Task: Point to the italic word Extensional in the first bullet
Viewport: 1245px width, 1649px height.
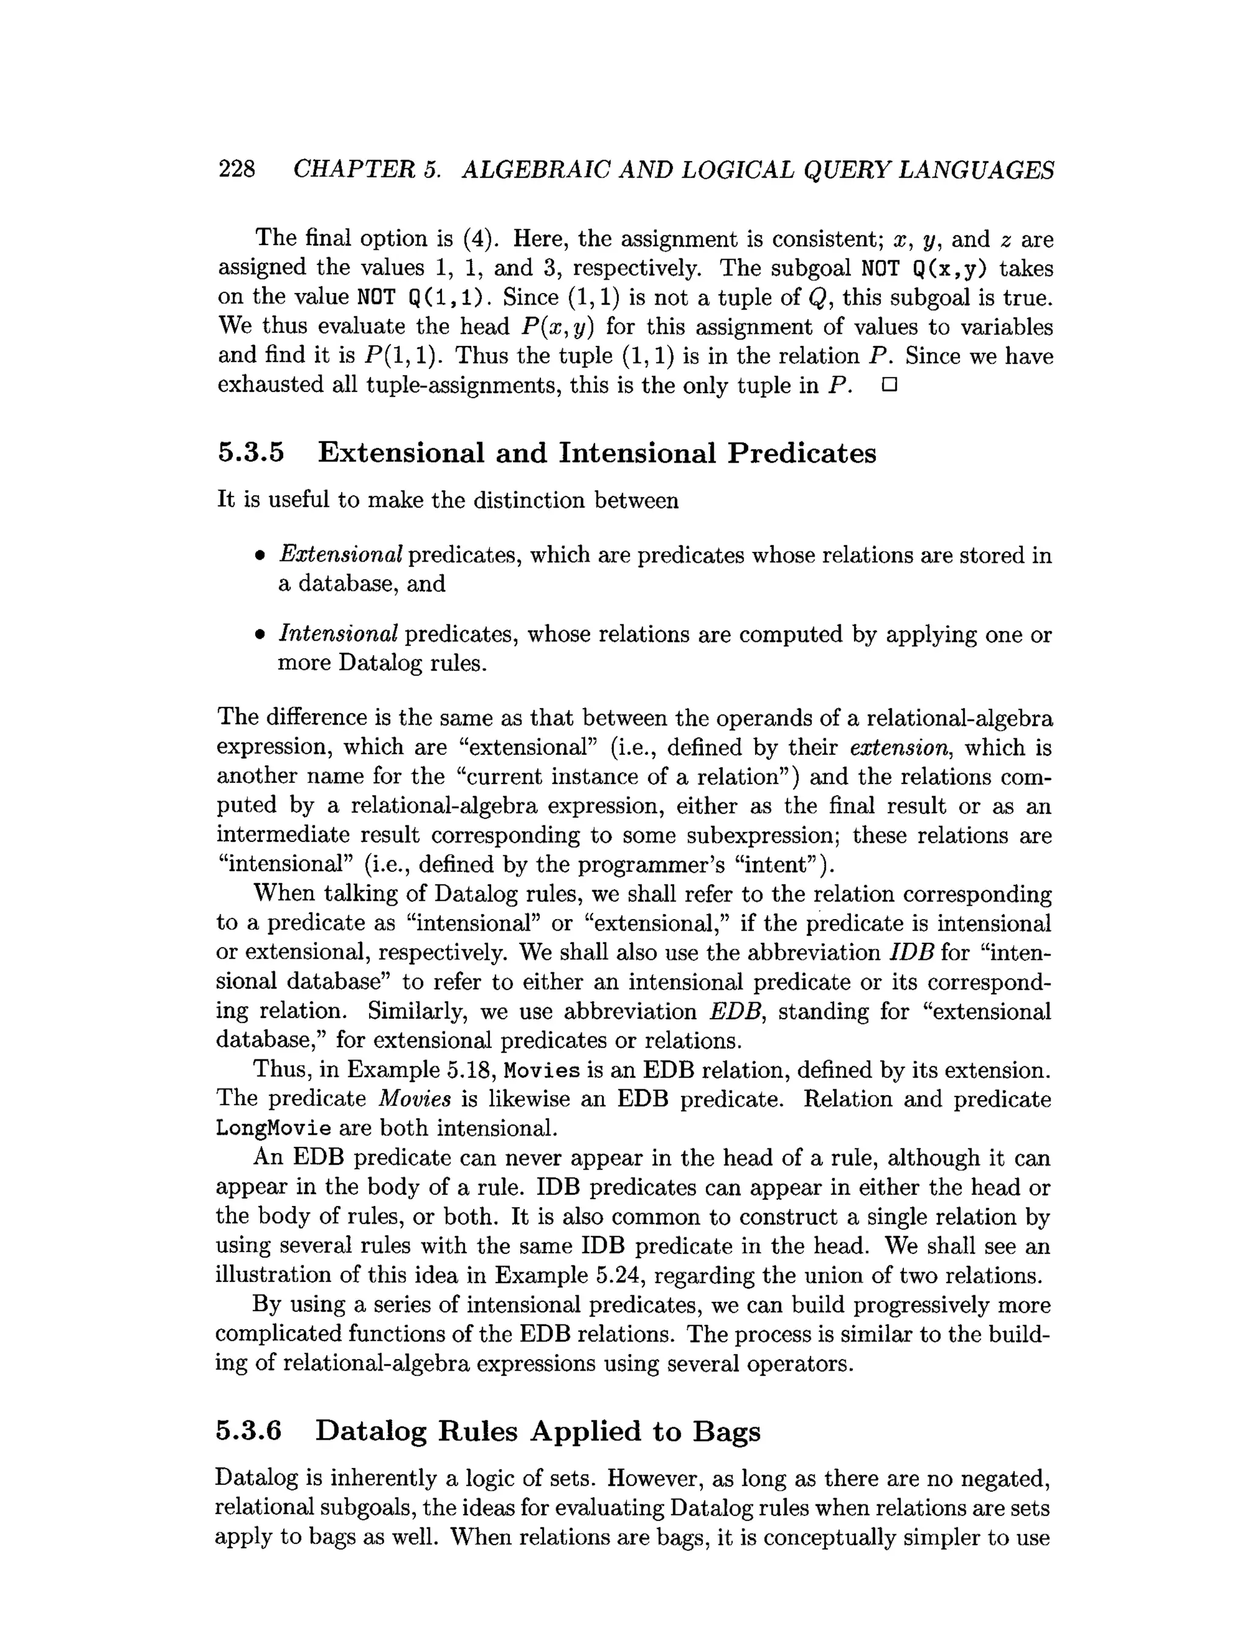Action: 340,555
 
